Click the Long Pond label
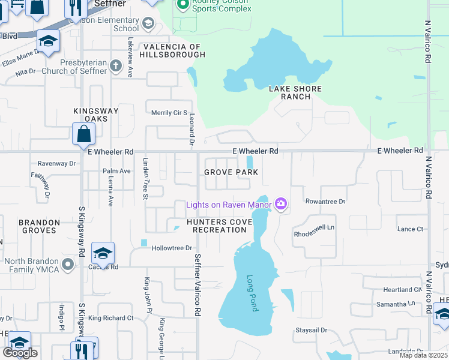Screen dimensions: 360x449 click(253, 293)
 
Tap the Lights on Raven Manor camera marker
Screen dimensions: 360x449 click(280, 205)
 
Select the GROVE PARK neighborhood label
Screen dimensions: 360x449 click(231, 172)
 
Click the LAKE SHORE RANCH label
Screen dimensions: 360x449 click(295, 92)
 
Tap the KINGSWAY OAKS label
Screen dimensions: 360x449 click(91, 115)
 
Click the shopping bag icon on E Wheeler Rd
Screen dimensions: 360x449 click(83, 133)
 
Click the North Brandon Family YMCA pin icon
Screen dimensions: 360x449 click(68, 264)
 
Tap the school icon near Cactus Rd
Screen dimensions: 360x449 click(103, 253)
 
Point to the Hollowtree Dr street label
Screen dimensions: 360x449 click(172, 248)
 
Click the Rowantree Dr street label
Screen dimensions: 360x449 click(325, 202)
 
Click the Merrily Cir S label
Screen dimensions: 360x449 click(169, 113)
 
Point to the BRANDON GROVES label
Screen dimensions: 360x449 click(39, 226)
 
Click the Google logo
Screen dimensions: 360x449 click(20, 353)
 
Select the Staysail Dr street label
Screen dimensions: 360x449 click(311, 330)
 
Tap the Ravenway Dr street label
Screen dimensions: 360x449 click(56, 163)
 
